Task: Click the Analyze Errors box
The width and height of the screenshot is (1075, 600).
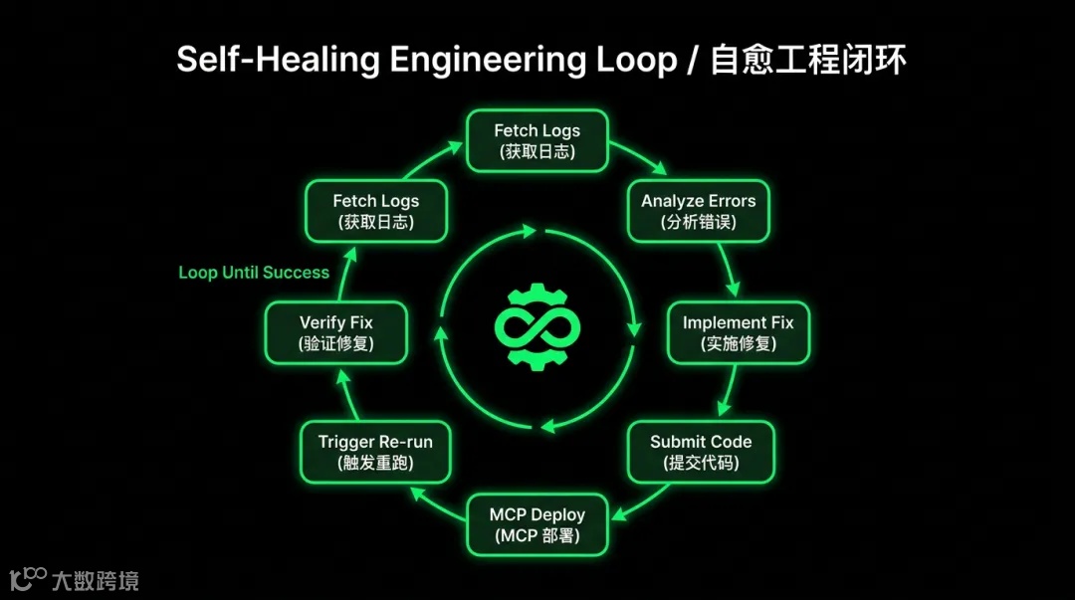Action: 698,211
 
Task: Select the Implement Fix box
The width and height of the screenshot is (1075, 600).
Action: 738,333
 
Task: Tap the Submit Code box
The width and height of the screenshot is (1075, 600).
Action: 701,452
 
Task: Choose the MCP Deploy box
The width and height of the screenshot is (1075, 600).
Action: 537,525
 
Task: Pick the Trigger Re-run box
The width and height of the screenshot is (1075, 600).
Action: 375,452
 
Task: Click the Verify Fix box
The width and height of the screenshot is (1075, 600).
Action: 336,333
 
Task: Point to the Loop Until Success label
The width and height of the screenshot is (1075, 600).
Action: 254,273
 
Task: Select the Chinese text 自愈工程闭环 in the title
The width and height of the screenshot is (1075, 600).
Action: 808,60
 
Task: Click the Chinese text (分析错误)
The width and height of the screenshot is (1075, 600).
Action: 698,222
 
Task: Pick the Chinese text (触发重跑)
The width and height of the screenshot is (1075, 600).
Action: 375,463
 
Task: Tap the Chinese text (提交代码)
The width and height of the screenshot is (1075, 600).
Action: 701,463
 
